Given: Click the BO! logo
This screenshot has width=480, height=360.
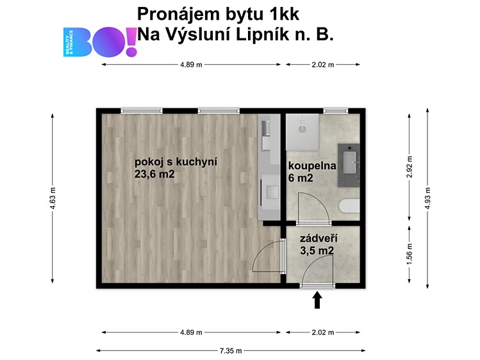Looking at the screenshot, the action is click(x=100, y=42).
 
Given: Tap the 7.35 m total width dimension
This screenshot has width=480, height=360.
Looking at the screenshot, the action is click(x=231, y=351).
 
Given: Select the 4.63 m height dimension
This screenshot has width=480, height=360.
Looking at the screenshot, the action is click(x=53, y=198).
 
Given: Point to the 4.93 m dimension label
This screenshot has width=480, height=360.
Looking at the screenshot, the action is click(x=427, y=198).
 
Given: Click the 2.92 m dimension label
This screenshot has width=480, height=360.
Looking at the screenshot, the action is click(x=410, y=167).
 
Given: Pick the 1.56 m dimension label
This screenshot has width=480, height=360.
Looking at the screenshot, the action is click(x=410, y=254).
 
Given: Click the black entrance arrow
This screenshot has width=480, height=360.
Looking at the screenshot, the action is click(x=317, y=300).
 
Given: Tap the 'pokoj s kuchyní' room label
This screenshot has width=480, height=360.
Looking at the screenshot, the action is click(x=176, y=161).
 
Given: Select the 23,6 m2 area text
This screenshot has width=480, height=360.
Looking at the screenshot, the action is click(x=154, y=174).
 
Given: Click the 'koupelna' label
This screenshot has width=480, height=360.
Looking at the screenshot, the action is click(x=312, y=166).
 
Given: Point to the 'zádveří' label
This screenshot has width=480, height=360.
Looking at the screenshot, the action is click(x=319, y=238).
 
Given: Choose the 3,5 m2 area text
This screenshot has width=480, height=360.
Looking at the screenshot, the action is click(x=317, y=250).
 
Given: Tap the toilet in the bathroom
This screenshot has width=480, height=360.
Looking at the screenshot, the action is click(x=350, y=206).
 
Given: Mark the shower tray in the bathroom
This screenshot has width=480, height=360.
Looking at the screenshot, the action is click(x=302, y=132).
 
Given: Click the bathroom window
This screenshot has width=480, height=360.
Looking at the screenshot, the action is click(x=336, y=111).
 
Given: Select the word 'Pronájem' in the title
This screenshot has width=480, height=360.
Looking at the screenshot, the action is click(x=179, y=14).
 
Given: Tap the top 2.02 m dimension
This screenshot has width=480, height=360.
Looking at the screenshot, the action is click(x=322, y=65).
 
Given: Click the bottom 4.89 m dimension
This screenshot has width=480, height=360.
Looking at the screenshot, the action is click(x=191, y=332).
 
